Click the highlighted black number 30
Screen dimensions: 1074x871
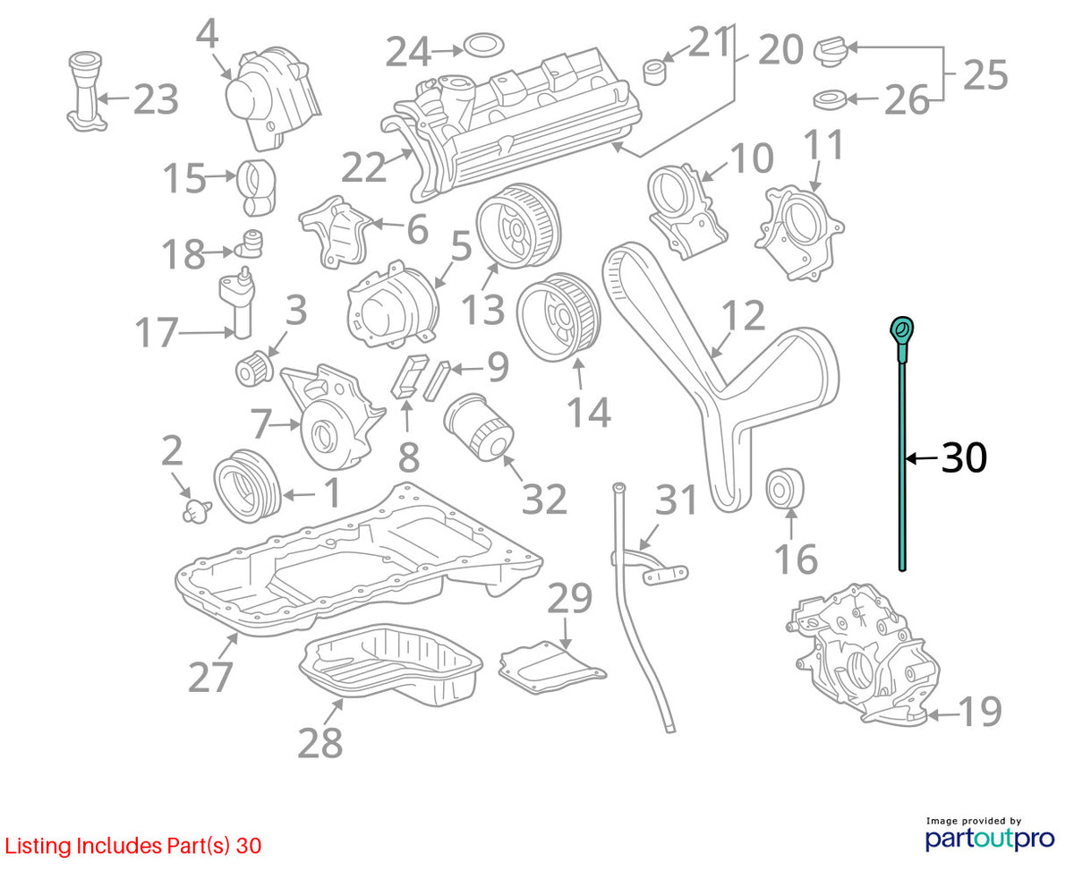click(963, 457)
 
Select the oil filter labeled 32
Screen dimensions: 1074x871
click(478, 428)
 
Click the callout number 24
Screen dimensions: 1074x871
click(407, 51)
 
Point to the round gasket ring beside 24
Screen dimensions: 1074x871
click(482, 46)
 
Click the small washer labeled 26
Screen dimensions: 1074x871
click(829, 99)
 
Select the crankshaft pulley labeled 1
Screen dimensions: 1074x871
click(247, 486)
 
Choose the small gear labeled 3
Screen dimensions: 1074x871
click(254, 367)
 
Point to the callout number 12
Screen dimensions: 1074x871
click(743, 316)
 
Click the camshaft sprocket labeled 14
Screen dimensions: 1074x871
click(558, 317)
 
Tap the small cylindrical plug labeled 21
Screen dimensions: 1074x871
click(654, 72)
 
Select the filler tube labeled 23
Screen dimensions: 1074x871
click(86, 91)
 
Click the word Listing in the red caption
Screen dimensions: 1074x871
click(38, 846)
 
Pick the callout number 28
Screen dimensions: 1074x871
click(320, 742)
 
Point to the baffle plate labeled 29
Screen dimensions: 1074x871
click(551, 667)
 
